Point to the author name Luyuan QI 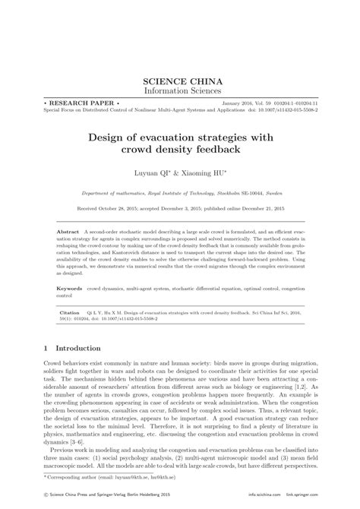tap(152, 173)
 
